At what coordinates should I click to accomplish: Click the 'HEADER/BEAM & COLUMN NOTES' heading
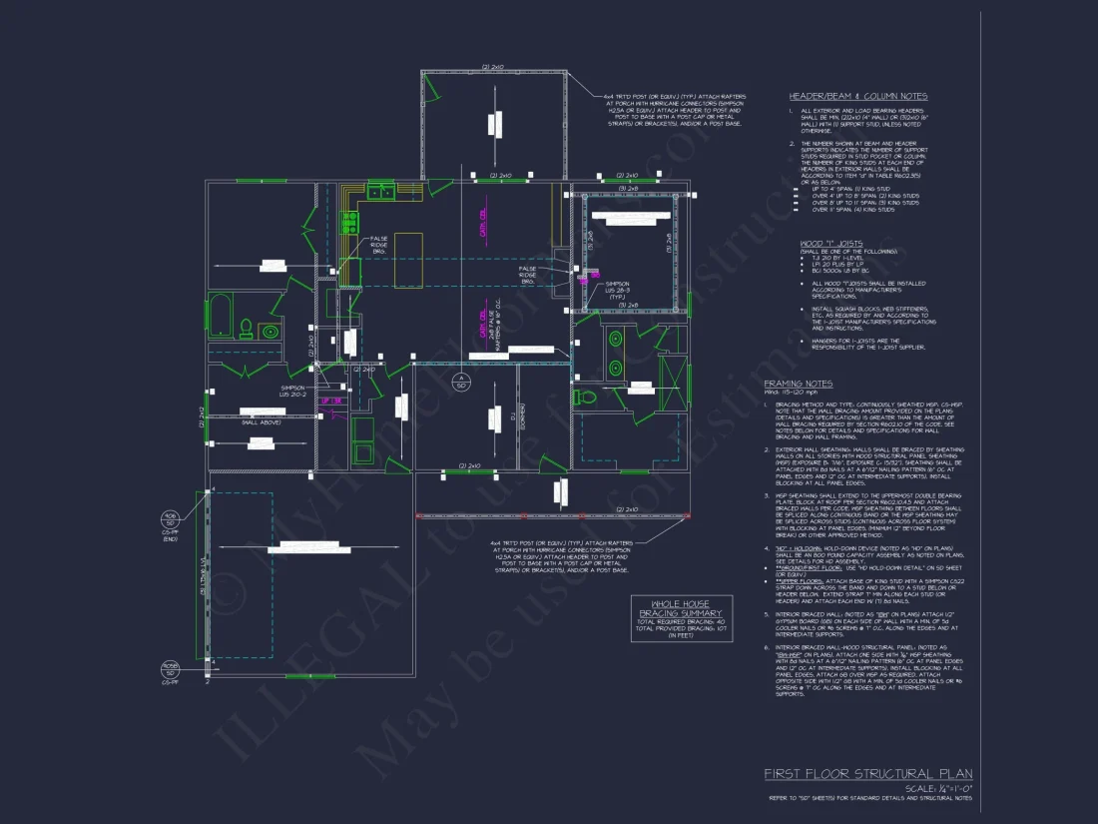point(857,96)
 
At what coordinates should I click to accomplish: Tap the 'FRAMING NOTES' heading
point(798,384)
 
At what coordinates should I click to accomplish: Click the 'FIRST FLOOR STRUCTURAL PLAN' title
point(867,773)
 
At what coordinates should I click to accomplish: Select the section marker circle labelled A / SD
point(461,382)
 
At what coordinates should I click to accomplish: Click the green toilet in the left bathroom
point(244,328)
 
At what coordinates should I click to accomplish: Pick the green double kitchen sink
point(379,192)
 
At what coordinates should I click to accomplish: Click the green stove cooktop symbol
point(350,223)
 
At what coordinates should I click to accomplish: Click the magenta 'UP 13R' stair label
point(331,401)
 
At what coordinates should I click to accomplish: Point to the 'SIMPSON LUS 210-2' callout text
point(292,391)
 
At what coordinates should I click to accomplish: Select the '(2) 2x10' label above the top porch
point(492,67)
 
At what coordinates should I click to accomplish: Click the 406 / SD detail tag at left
point(171,518)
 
